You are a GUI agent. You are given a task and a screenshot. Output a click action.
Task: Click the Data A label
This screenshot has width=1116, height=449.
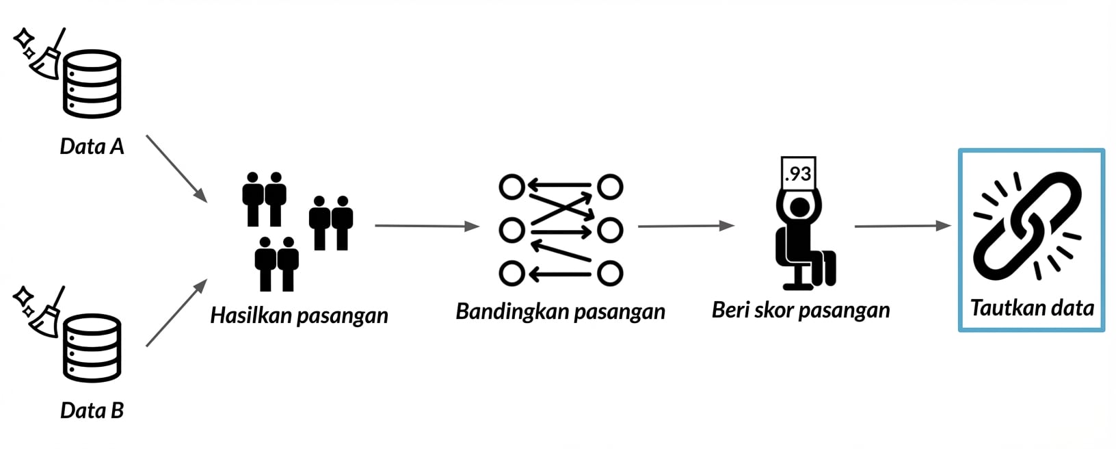[92, 146]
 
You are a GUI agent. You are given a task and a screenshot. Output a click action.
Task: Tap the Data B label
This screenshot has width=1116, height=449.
[92, 411]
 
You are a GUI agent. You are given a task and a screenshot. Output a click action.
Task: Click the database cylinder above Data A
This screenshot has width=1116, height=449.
[92, 84]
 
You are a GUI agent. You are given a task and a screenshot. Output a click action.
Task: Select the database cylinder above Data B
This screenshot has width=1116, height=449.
[92, 348]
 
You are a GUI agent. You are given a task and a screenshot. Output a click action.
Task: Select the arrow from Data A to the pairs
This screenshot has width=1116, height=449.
[177, 168]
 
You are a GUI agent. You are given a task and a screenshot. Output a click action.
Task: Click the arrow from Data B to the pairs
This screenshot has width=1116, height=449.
[177, 312]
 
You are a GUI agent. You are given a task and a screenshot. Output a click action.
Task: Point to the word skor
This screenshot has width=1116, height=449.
[775, 310]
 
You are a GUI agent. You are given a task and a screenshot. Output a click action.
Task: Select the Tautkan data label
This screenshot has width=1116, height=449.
[1032, 308]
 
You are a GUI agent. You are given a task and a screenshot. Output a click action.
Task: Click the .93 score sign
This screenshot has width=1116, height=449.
[799, 173]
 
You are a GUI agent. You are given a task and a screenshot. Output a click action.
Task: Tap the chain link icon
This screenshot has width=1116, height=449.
[1027, 225]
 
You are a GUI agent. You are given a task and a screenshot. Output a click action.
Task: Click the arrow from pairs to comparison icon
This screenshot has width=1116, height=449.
[427, 226]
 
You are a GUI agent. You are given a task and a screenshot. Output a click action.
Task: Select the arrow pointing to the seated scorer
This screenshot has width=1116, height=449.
[687, 226]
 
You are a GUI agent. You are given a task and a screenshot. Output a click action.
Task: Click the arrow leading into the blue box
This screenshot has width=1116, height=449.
[903, 226]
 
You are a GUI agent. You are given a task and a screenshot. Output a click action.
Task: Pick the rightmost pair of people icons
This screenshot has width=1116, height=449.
[331, 223]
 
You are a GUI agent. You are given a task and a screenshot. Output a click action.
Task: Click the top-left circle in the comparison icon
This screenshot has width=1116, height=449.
[511, 187]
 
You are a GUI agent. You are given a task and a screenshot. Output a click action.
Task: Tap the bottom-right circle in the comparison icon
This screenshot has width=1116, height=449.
[610, 273]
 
